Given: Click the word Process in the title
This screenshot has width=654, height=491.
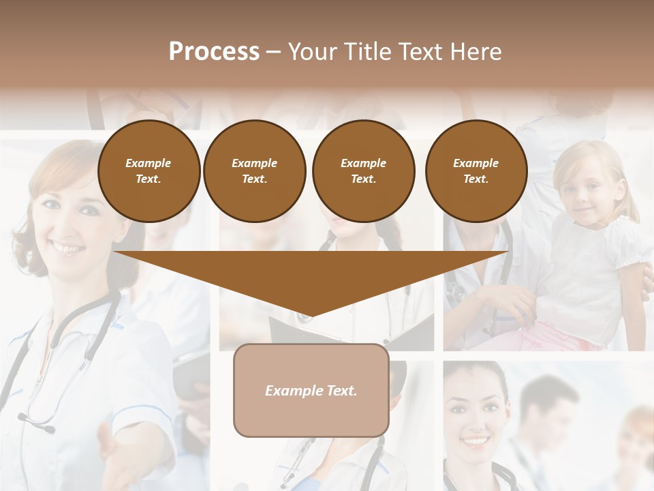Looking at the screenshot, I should (214, 51).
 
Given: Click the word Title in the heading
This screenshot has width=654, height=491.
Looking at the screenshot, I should (364, 51).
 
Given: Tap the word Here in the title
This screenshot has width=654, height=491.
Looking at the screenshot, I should (475, 51).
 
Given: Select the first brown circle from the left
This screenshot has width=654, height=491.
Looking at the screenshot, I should (149, 170).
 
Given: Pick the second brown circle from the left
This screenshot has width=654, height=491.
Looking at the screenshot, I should (255, 170).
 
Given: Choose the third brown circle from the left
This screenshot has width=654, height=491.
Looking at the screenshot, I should (363, 170).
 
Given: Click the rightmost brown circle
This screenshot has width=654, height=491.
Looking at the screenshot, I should (476, 170).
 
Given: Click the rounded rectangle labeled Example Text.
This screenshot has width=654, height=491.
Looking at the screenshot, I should (311, 390).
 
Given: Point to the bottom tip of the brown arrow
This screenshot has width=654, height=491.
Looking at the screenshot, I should (311, 317).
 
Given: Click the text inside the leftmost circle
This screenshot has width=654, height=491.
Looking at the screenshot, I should (149, 170).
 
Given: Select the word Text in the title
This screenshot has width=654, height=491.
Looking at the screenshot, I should (420, 51).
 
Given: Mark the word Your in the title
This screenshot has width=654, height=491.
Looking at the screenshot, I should (311, 51).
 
